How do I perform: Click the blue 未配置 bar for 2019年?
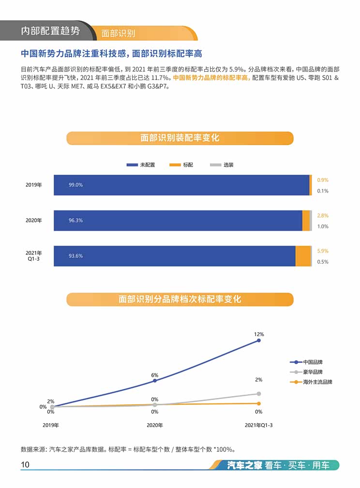[x=181, y=185]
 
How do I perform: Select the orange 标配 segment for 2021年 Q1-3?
[x=302, y=256]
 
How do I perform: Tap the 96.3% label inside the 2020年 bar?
[x=75, y=221]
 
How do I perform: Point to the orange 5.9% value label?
[x=323, y=251]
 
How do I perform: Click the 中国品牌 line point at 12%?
[x=259, y=340]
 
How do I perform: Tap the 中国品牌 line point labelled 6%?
[x=155, y=381]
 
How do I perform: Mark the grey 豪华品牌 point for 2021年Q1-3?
[x=259, y=394]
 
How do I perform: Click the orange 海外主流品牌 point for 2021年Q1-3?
[x=259, y=403]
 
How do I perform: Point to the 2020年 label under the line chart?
[x=155, y=425]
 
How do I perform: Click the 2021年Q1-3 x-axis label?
[x=259, y=425]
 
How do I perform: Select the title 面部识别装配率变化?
[x=180, y=138]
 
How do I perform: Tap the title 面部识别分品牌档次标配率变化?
[x=180, y=299]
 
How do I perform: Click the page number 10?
[x=25, y=465]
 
